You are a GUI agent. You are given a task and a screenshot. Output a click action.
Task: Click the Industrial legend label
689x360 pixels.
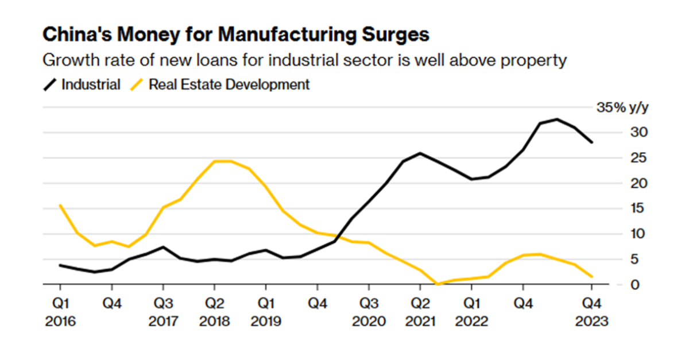(x=91, y=85)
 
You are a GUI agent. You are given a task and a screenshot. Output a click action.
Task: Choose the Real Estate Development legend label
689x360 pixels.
(x=229, y=85)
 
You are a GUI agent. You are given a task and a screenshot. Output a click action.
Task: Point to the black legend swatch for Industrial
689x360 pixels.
(x=51, y=85)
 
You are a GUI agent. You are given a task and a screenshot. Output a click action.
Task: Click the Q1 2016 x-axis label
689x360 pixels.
(x=60, y=311)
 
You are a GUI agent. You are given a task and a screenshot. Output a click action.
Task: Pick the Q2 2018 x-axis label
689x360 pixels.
(x=214, y=311)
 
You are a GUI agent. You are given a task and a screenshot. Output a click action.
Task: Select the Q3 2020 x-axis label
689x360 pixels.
(x=369, y=311)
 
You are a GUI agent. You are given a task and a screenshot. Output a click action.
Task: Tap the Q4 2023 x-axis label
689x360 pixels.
(x=591, y=311)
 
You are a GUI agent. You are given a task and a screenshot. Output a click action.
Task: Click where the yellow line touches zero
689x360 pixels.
(x=438, y=284)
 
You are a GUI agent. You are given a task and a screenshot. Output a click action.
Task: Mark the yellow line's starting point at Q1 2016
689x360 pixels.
(x=60, y=205)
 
